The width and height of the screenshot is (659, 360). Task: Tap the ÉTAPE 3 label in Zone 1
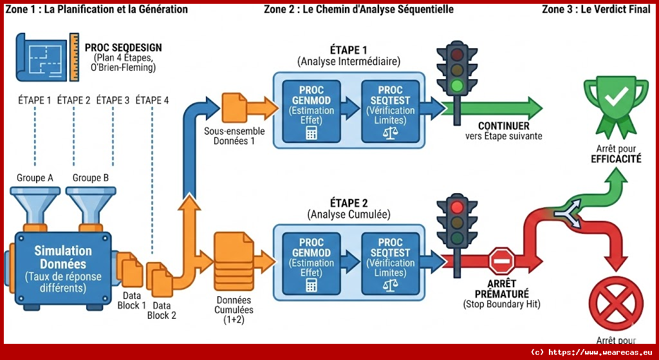(113, 100)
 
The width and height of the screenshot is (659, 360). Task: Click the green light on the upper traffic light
(458, 85)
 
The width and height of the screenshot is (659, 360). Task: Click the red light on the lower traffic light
(458, 207)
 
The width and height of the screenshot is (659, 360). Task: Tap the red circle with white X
(617, 307)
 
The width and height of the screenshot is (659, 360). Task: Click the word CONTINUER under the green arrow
(503, 126)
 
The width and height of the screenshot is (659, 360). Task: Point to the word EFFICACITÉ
(616, 158)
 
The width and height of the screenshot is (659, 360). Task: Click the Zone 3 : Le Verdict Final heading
(596, 9)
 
